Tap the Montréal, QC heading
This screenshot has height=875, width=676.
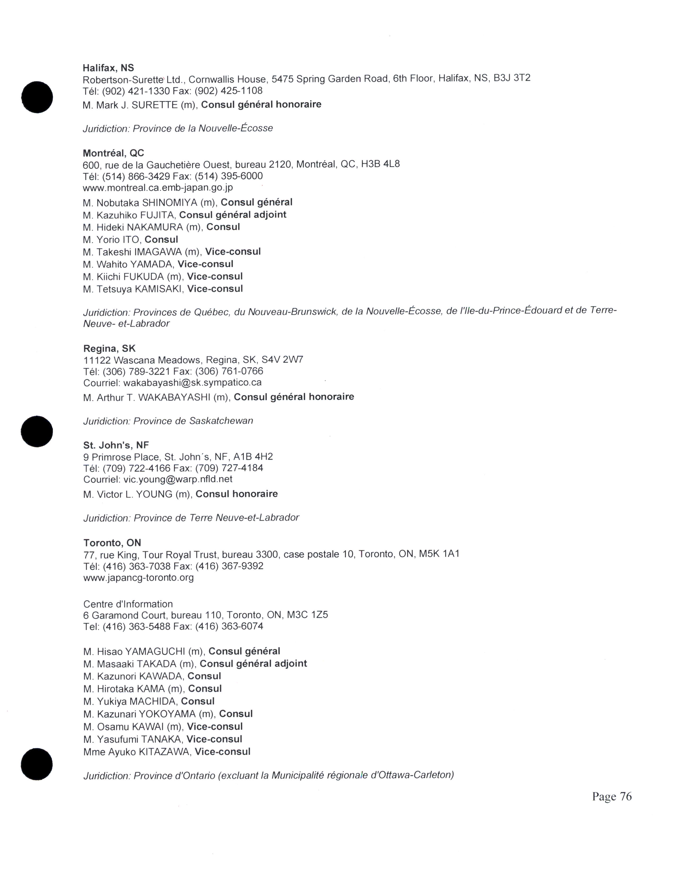[x=113, y=153]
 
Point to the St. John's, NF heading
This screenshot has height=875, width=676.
[x=116, y=445]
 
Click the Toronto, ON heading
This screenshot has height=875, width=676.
[x=112, y=542]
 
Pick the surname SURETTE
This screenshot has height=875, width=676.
[x=155, y=105]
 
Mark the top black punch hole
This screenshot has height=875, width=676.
[x=37, y=97]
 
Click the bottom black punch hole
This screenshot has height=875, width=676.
[x=37, y=764]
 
